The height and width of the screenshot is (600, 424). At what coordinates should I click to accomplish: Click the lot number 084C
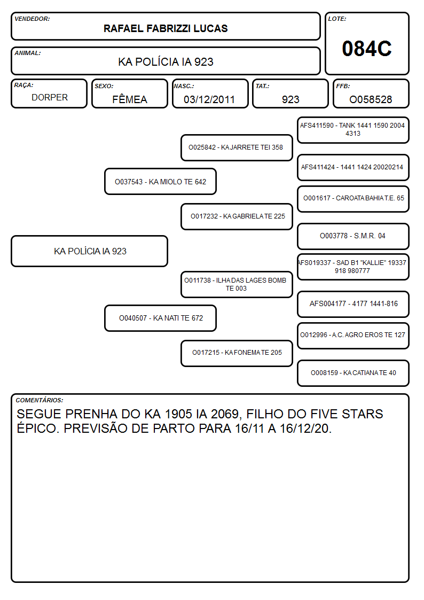click(367, 49)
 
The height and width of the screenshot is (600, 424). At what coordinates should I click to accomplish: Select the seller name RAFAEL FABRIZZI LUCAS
click(166, 28)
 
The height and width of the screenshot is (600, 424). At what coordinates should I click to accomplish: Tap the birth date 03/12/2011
click(209, 99)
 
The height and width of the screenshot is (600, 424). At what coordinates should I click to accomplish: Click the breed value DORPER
click(50, 98)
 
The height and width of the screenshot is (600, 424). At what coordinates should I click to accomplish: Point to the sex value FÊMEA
click(130, 99)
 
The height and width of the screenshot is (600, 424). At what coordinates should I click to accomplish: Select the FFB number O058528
click(371, 99)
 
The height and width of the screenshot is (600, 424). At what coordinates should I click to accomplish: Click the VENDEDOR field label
click(32, 19)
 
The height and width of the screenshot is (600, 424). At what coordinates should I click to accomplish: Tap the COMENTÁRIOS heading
click(40, 400)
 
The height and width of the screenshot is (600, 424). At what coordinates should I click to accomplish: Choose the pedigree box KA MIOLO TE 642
click(160, 182)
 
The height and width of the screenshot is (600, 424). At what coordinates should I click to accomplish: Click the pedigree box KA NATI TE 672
click(160, 318)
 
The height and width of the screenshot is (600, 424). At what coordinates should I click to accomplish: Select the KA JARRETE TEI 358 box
click(237, 147)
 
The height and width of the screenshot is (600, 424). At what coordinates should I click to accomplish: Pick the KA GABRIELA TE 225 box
click(237, 216)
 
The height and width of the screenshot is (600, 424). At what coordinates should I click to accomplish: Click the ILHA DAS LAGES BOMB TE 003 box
click(237, 284)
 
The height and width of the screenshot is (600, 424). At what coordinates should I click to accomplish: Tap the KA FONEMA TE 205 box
click(237, 353)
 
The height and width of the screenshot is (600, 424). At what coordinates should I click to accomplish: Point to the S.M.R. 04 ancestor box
click(353, 236)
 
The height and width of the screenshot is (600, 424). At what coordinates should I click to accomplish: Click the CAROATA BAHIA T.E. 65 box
click(353, 199)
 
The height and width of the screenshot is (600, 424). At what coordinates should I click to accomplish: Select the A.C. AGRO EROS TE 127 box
click(353, 336)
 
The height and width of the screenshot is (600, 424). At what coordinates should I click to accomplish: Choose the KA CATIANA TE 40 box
click(353, 373)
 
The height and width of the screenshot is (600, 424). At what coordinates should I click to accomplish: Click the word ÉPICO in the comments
click(38, 428)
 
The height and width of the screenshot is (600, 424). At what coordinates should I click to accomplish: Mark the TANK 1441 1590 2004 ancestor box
click(353, 130)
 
